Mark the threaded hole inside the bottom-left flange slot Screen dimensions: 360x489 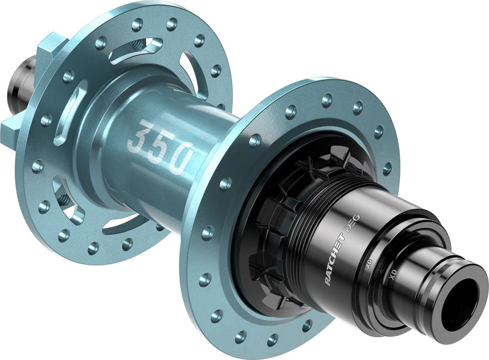(x=62, y=199)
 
